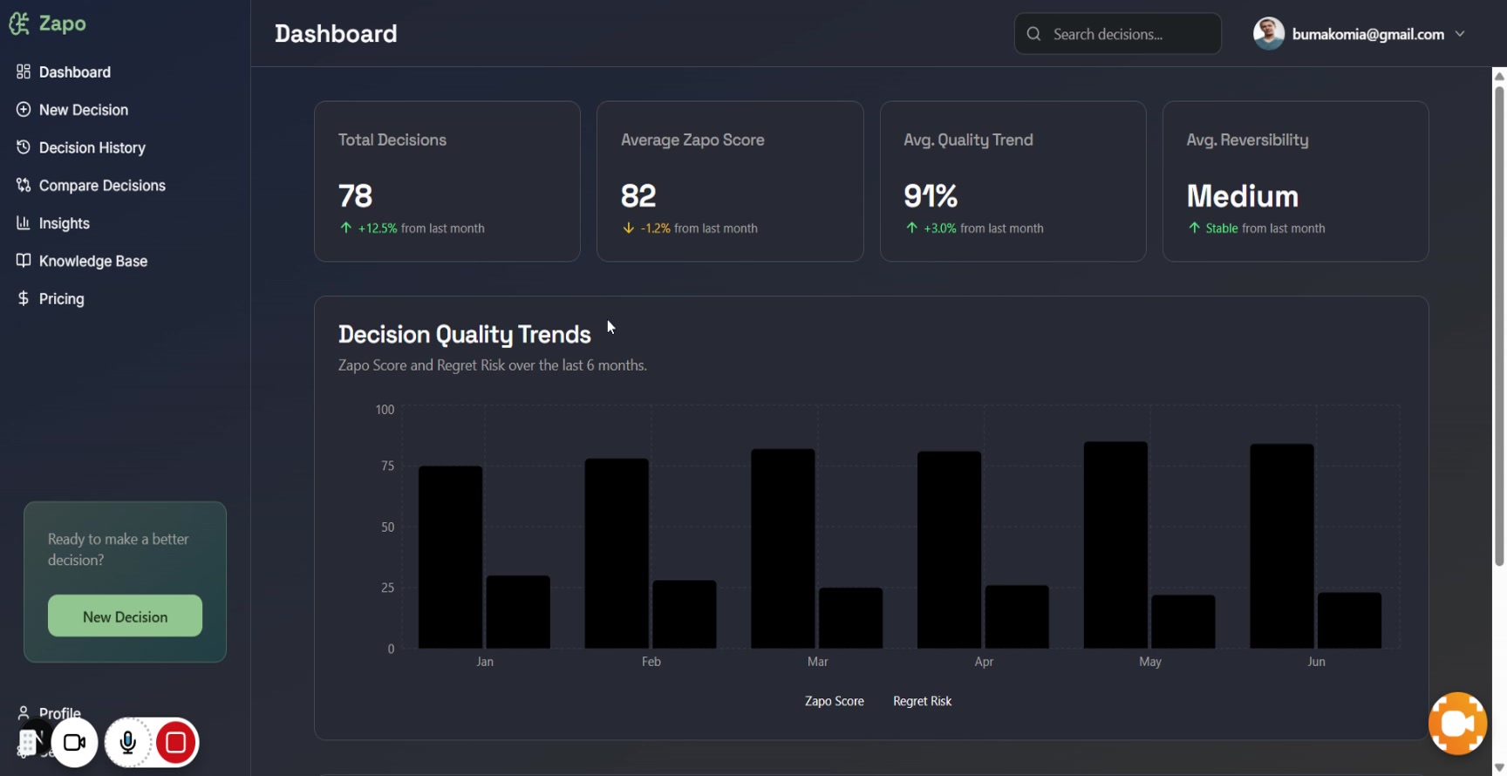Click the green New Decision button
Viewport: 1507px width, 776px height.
click(125, 616)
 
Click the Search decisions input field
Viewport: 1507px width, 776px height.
click(1117, 34)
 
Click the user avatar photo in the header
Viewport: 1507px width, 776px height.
click(1269, 34)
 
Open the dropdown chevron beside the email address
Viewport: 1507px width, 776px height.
click(1460, 34)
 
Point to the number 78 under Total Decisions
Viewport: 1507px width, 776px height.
click(355, 195)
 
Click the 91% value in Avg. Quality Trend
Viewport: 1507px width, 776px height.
click(931, 195)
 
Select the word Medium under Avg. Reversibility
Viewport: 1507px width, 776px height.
click(1242, 195)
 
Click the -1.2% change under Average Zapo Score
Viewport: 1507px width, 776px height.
click(655, 228)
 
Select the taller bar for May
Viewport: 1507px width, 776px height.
click(1115, 545)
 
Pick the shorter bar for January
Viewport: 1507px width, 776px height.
click(518, 612)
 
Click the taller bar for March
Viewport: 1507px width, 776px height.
click(783, 548)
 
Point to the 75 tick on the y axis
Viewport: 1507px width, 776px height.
click(387, 466)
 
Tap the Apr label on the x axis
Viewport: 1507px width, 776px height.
click(984, 662)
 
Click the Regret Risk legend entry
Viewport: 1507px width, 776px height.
click(922, 701)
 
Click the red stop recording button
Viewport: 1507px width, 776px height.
click(175, 742)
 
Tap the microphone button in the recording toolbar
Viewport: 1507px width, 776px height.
click(127, 742)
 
